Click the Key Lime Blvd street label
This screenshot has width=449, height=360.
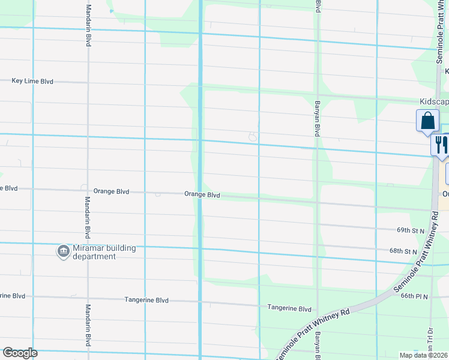click(x=32, y=81)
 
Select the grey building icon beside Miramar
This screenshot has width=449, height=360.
click(x=64, y=251)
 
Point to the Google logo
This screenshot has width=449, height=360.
click(x=20, y=353)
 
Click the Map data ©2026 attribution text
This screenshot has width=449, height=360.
click(x=424, y=355)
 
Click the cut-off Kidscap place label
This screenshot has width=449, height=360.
click(x=433, y=102)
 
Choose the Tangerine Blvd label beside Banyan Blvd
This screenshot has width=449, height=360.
click(x=289, y=308)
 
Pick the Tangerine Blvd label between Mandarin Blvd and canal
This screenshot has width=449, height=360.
click(x=146, y=300)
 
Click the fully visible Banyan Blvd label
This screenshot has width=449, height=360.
click(x=316, y=118)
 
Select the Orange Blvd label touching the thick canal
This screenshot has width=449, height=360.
click(x=202, y=195)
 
